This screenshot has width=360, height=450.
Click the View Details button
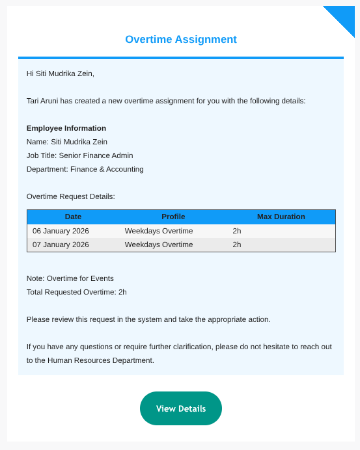[x=181, y=408]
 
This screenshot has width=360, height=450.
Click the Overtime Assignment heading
[x=181, y=40]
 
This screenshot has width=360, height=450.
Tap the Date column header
[x=73, y=217]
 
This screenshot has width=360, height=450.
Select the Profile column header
[x=173, y=217]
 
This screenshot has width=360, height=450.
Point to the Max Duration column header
[x=281, y=217]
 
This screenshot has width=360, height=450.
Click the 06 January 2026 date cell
[x=61, y=231]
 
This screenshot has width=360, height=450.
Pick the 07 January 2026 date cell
[x=61, y=245]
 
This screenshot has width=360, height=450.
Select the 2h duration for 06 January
[x=237, y=231]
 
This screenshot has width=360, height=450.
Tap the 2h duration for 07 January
[x=237, y=245]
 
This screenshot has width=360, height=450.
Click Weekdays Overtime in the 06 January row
[x=159, y=231]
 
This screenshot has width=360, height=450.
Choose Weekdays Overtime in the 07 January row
[x=159, y=245]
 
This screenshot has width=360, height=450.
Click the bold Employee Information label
[x=66, y=128]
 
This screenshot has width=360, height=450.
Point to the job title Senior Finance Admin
[x=96, y=155]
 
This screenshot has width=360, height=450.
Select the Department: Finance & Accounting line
[x=85, y=169]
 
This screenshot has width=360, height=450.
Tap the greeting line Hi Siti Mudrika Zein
[x=61, y=73]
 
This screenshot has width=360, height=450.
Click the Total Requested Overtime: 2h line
[x=77, y=292]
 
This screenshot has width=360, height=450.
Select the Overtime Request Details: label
[x=71, y=196]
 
